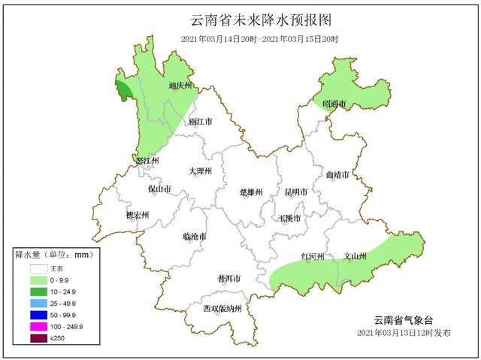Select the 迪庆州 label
(180, 86)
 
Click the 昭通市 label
(334, 103)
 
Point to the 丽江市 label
(200, 121)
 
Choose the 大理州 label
(200, 171)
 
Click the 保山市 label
(159, 189)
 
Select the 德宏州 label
(137, 215)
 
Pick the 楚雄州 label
(250, 192)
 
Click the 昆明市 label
(295, 192)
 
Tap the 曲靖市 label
(337, 174)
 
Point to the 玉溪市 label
(290, 219)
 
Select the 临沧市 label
(195, 237)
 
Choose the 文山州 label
(355, 256)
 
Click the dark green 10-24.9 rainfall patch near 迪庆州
(123, 92)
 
